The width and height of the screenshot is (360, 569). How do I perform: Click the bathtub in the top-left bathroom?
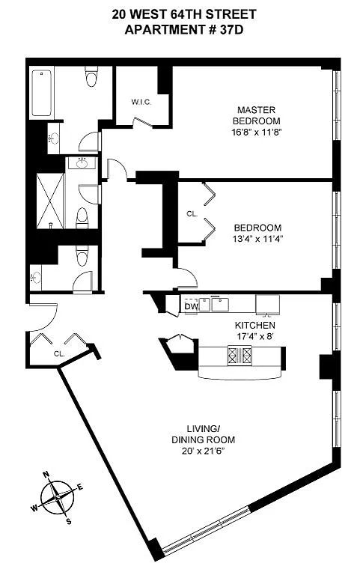[41, 93]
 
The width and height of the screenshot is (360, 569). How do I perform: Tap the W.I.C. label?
[141, 102]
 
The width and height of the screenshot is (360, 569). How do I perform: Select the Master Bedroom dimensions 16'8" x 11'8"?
[257, 132]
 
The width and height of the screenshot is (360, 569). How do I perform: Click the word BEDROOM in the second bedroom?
[257, 228]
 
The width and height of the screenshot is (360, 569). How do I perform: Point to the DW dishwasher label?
[191, 307]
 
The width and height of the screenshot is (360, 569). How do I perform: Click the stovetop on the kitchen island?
[240, 356]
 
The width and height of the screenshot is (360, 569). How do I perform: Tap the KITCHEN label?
[254, 325]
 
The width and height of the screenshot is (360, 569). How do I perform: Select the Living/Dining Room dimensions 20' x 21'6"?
[204, 451]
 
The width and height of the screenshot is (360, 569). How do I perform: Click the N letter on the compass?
[46, 474]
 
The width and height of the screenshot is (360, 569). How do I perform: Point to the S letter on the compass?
[68, 522]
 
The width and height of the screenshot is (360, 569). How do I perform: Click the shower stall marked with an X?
[50, 201]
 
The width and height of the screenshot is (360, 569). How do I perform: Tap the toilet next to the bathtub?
[91, 76]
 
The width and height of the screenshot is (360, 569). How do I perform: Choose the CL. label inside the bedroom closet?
[192, 214]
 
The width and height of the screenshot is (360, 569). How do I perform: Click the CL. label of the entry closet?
[59, 354]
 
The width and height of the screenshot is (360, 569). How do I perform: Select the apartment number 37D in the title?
[231, 30]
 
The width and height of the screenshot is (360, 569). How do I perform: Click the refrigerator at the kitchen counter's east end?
[267, 304]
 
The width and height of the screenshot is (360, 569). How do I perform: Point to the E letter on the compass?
[80, 487]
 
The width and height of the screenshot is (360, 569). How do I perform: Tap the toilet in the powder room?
[82, 256]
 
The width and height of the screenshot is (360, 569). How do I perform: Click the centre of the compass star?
[58, 497]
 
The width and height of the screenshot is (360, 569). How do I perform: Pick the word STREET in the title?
[231, 14]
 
